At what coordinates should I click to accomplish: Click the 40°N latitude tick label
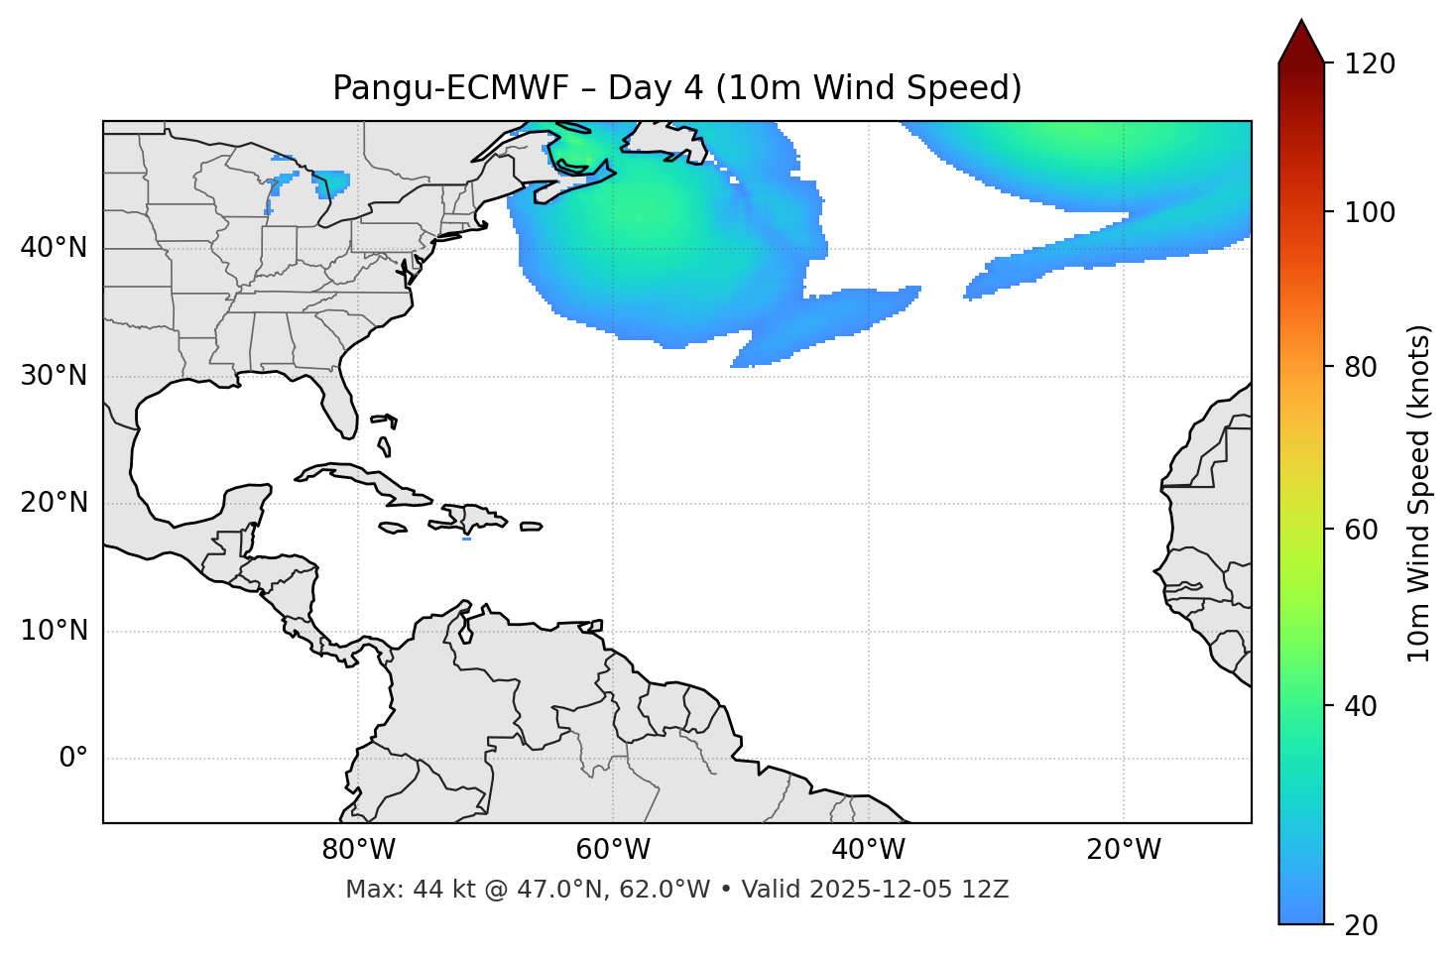54,248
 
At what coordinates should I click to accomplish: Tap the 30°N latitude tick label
54,376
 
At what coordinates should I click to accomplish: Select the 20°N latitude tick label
54,503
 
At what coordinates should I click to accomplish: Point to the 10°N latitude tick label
54,631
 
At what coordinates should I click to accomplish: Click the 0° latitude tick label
73,759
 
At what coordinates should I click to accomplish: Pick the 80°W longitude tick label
358,850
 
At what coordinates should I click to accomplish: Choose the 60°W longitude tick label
613,850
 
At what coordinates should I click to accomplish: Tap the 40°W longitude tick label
868,850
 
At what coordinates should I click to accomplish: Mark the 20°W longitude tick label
1124,850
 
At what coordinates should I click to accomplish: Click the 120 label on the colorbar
1370,64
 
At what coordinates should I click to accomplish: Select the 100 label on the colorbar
1370,212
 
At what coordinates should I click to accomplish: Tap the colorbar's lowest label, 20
1362,925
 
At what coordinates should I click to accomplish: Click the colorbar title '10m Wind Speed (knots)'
1419,493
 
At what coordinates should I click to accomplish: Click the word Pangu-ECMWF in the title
450,88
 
